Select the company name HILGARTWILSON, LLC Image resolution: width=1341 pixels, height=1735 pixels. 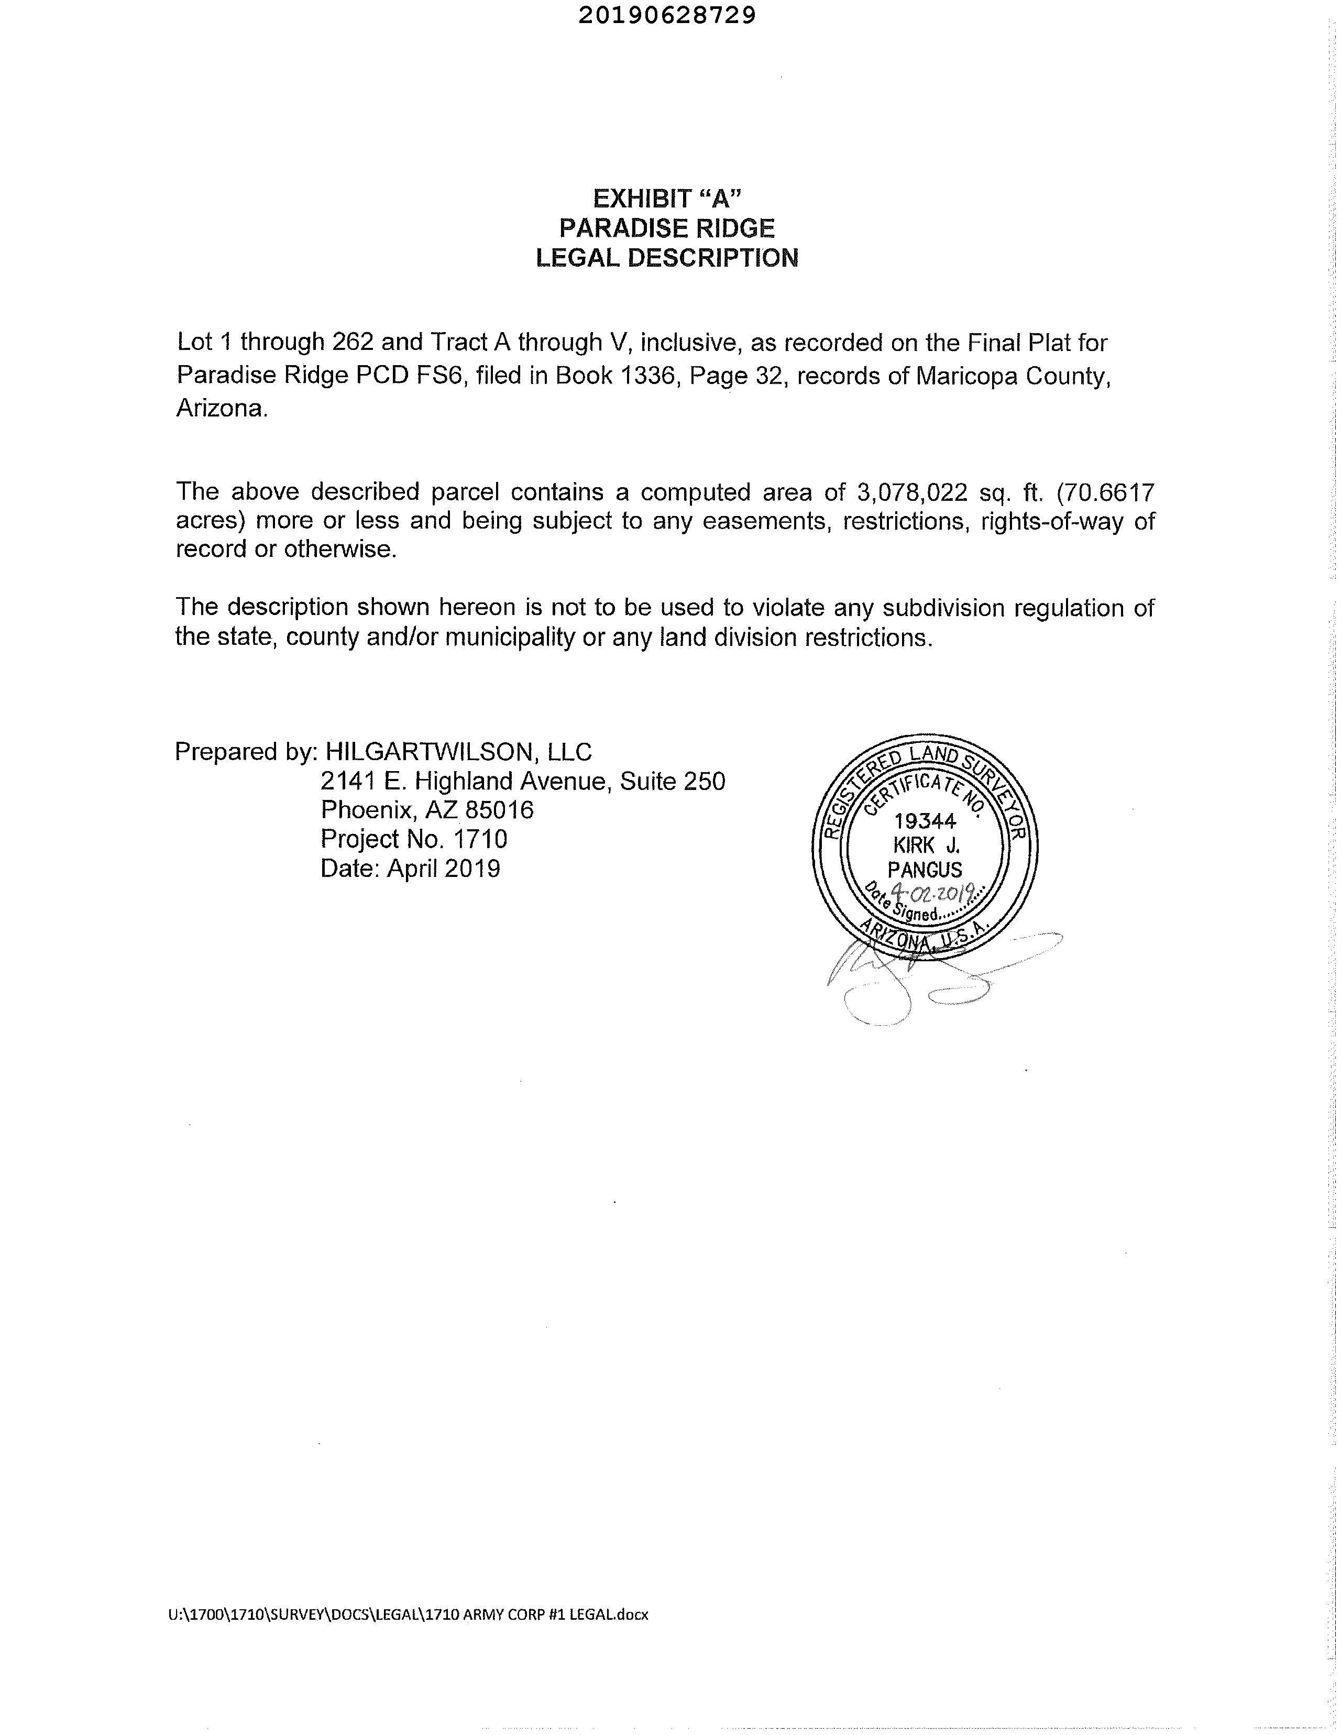coord(458,752)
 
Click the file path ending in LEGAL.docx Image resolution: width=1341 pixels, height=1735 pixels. coord(409,1613)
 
